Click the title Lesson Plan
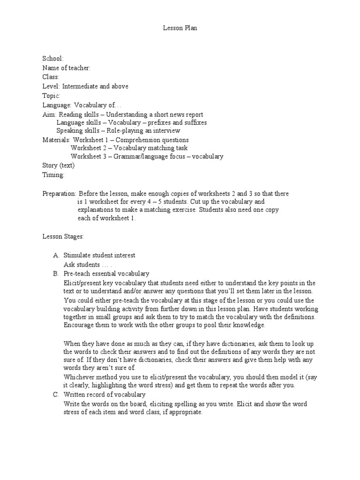(x=180, y=29)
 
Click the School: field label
(x=52, y=59)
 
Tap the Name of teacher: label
(x=66, y=68)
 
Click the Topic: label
(x=51, y=96)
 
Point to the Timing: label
(x=53, y=175)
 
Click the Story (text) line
(x=59, y=165)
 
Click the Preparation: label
(x=60, y=194)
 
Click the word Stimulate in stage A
(x=77, y=255)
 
